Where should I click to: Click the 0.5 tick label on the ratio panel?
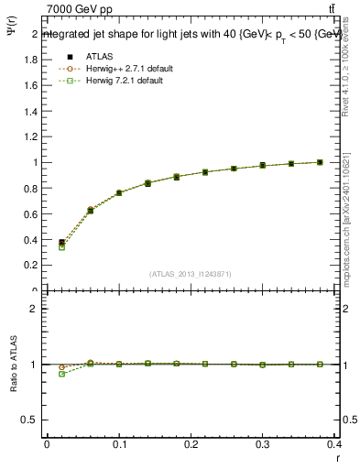[x=29, y=420]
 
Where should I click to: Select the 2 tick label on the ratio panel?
[x=33, y=309]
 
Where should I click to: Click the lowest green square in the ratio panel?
[x=61, y=374]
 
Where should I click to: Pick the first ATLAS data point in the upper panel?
[x=61, y=243]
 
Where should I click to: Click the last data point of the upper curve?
[x=320, y=162]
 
